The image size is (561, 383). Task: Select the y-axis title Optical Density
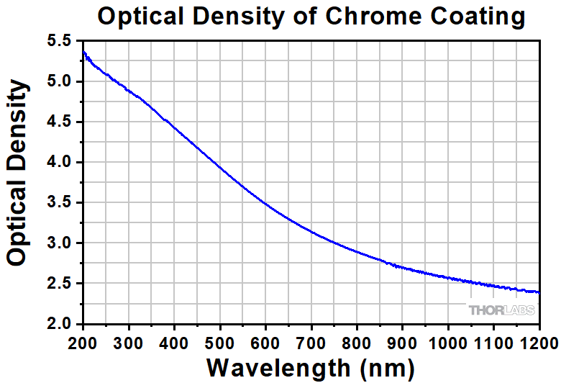(19, 174)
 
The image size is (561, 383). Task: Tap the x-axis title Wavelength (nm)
(311, 366)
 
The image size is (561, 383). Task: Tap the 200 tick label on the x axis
(83, 341)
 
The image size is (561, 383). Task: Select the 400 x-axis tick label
(175, 341)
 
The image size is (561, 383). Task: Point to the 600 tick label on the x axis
(265, 341)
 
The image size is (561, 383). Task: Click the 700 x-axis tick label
(311, 341)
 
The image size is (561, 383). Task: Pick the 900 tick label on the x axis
(403, 341)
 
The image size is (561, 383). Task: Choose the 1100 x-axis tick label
(493, 341)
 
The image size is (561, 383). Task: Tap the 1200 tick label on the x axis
(539, 341)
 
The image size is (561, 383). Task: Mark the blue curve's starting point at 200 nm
(84, 52)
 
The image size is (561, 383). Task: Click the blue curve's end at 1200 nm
(539, 292)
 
